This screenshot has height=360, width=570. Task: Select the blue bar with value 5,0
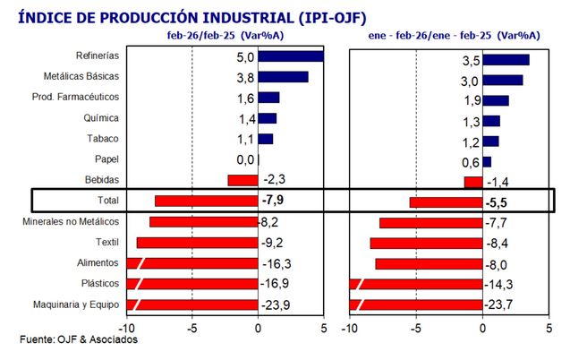pos(290,56)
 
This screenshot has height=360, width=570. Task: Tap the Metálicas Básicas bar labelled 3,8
pos(283,77)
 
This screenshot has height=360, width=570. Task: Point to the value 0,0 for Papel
pos(244,159)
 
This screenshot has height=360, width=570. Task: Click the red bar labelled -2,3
pos(242,180)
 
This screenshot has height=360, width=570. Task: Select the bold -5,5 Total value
pos(509,201)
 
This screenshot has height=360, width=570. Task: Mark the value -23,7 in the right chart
pos(508,304)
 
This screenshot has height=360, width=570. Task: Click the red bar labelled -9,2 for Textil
pos(197,242)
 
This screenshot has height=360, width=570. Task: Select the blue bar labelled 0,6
pos(486,161)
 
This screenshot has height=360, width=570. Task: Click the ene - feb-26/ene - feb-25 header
pos(454,35)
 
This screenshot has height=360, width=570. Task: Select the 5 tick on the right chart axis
pos(549,328)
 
